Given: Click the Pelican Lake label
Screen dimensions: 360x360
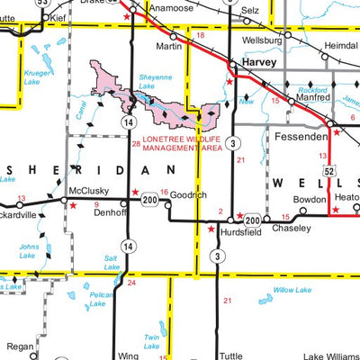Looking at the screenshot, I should pyautogui.click(x=100, y=299).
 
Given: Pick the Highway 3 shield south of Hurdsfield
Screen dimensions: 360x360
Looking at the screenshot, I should pyautogui.click(x=217, y=257).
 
